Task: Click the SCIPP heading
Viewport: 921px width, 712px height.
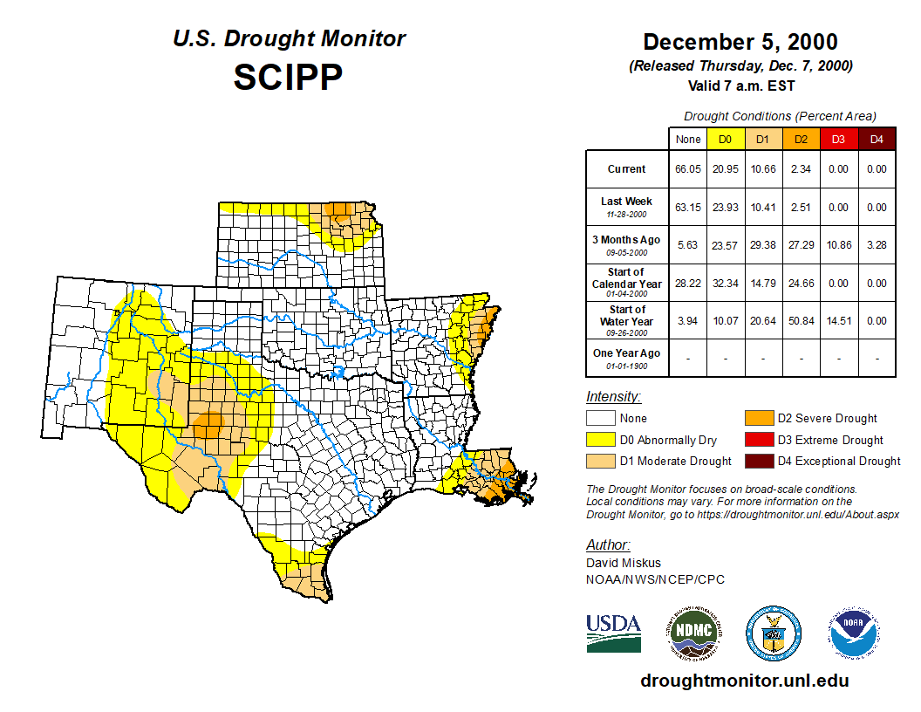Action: click(x=288, y=77)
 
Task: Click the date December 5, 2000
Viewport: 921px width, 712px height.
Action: click(x=740, y=42)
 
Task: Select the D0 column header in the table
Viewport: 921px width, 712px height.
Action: click(x=725, y=140)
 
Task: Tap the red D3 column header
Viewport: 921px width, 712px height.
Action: click(x=837, y=140)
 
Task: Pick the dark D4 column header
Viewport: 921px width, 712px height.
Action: click(x=877, y=140)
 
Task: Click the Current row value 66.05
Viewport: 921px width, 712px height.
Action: click(x=688, y=169)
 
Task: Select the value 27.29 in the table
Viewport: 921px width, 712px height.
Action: click(x=800, y=245)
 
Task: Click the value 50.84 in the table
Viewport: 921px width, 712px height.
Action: click(x=800, y=321)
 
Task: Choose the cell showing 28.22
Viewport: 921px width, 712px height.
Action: click(x=688, y=284)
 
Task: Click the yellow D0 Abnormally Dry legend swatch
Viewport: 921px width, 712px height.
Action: click(x=601, y=440)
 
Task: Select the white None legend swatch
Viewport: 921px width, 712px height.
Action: click(x=601, y=419)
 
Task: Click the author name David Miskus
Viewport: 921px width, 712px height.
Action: click(x=623, y=563)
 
